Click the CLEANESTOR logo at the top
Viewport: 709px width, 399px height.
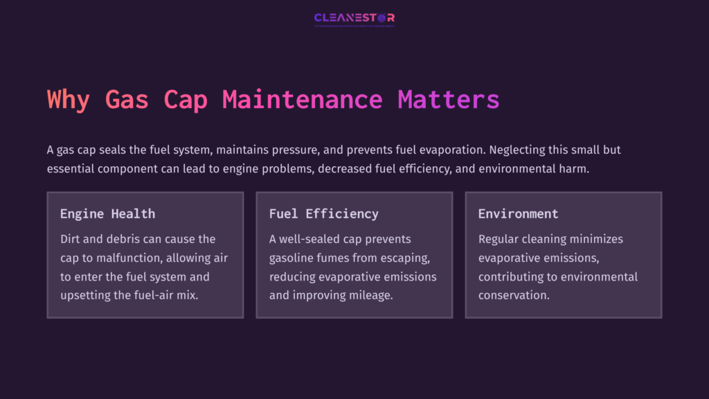pyautogui.click(x=354, y=18)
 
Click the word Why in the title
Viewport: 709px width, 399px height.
pyautogui.click(x=69, y=100)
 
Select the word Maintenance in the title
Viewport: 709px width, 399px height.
pyautogui.click(x=303, y=100)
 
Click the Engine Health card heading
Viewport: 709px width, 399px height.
pyautogui.click(x=107, y=213)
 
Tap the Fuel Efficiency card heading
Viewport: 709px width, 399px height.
pyautogui.click(x=323, y=213)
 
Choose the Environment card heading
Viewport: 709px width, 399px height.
pyautogui.click(x=518, y=213)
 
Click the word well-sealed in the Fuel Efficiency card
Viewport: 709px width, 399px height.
pyautogui.click(x=312, y=239)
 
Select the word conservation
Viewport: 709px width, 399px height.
pyautogui.click(x=514, y=296)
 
